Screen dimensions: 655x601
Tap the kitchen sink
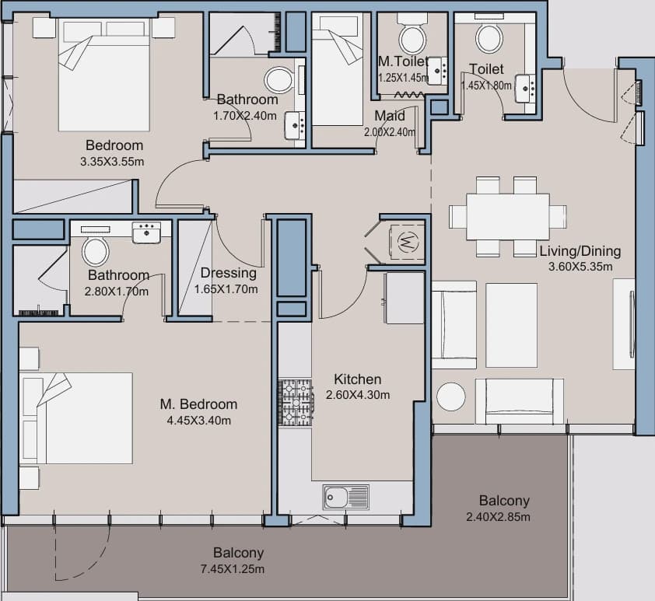[x=346, y=497]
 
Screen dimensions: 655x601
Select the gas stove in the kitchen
[x=296, y=403]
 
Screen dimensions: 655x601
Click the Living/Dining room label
[x=580, y=251]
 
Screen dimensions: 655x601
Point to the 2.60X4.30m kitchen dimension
[x=358, y=395]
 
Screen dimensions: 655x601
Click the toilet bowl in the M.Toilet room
[x=413, y=39]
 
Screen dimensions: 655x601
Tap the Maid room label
[x=390, y=116]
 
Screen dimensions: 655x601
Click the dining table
[x=508, y=217]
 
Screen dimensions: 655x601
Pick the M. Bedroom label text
[x=199, y=404]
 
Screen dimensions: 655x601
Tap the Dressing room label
[x=229, y=273]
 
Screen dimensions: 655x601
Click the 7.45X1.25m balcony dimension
[x=233, y=569]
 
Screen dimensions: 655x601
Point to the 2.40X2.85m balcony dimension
[x=499, y=517]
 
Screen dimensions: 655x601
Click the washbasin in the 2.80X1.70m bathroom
[x=146, y=232]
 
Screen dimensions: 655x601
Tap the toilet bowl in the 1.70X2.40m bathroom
[x=278, y=80]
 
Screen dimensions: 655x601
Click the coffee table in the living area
[x=512, y=325]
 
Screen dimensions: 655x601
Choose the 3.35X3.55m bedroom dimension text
[x=112, y=162]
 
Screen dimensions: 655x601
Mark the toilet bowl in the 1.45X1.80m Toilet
[x=489, y=38]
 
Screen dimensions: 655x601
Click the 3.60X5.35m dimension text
[x=580, y=266]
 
